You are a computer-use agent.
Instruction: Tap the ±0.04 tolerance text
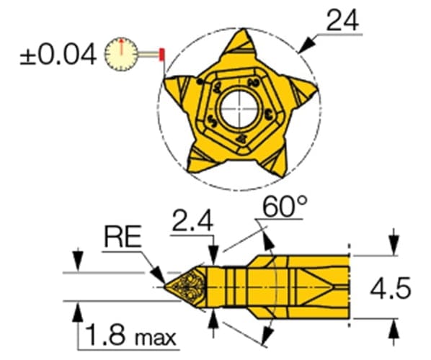coord(56,55)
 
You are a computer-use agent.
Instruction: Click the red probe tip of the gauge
coord(163,54)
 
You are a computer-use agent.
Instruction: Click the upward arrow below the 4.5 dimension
coord(393,328)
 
